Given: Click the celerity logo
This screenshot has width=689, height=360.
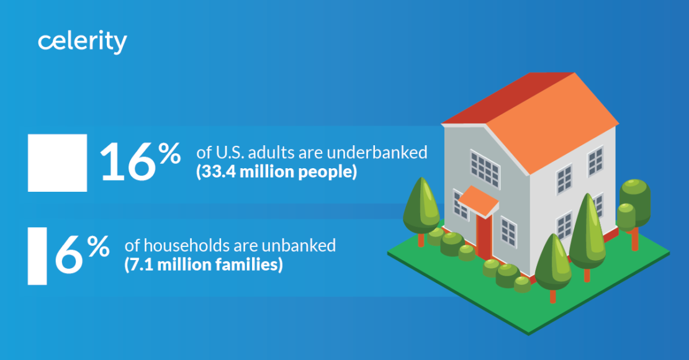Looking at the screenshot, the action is (x=82, y=42).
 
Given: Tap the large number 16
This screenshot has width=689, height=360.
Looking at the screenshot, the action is (x=127, y=162).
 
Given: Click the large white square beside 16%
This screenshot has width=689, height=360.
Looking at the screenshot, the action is (x=58, y=163).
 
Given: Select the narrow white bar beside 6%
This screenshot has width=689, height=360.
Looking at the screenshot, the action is (x=37, y=256).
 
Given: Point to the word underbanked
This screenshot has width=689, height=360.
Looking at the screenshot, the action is (x=377, y=153).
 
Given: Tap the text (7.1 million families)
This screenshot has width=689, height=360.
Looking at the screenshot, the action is (x=204, y=265).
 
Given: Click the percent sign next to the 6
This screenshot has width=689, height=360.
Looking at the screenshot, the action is (x=98, y=246).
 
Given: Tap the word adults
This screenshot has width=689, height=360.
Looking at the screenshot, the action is (x=272, y=153).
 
